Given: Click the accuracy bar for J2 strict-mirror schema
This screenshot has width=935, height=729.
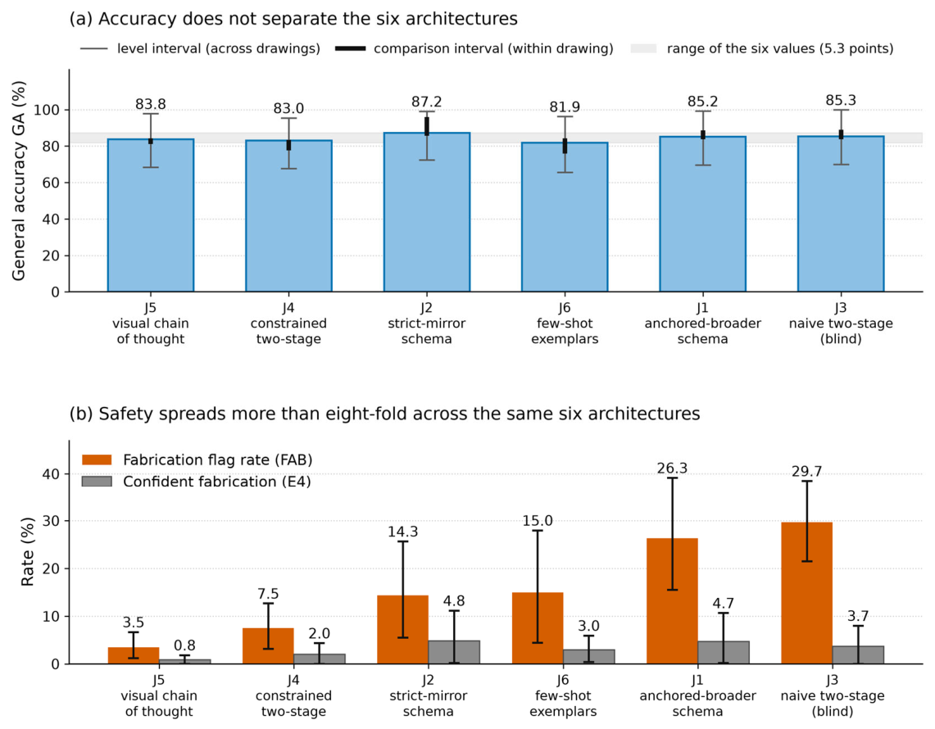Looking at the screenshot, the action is coord(426,212).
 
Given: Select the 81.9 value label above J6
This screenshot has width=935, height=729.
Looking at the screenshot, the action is coord(565,107).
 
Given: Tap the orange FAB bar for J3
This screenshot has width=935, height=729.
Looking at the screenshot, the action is coord(807,593).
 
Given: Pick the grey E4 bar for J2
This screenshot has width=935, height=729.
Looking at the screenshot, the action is coord(454,652).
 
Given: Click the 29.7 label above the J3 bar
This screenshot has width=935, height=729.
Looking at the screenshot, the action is coord(807,472).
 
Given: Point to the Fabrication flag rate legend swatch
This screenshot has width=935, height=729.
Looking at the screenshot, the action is coord(97,460).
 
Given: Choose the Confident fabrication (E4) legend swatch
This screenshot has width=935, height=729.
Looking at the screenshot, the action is coord(97,481).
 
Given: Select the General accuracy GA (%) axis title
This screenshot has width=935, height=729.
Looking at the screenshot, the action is coord(19,180).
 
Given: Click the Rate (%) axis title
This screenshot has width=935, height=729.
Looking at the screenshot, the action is coord(27,552).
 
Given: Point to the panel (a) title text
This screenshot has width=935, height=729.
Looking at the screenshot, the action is coord(293,19).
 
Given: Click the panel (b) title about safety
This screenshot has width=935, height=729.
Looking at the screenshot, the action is coord(384,414).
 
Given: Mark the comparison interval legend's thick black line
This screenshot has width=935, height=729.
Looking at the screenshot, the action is coord(351,48).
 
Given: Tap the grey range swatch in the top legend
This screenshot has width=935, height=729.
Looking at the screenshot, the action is coord(643,48).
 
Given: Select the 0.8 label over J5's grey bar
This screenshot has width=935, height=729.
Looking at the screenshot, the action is coord(185,646).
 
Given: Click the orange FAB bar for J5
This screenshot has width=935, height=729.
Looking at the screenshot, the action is coord(134,655).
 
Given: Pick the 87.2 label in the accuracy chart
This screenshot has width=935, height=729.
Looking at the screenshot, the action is coord(426,102).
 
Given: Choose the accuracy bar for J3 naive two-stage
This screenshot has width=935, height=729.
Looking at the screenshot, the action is coord(841,214).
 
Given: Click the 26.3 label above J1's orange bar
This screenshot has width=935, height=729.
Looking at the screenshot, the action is coord(672,469).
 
